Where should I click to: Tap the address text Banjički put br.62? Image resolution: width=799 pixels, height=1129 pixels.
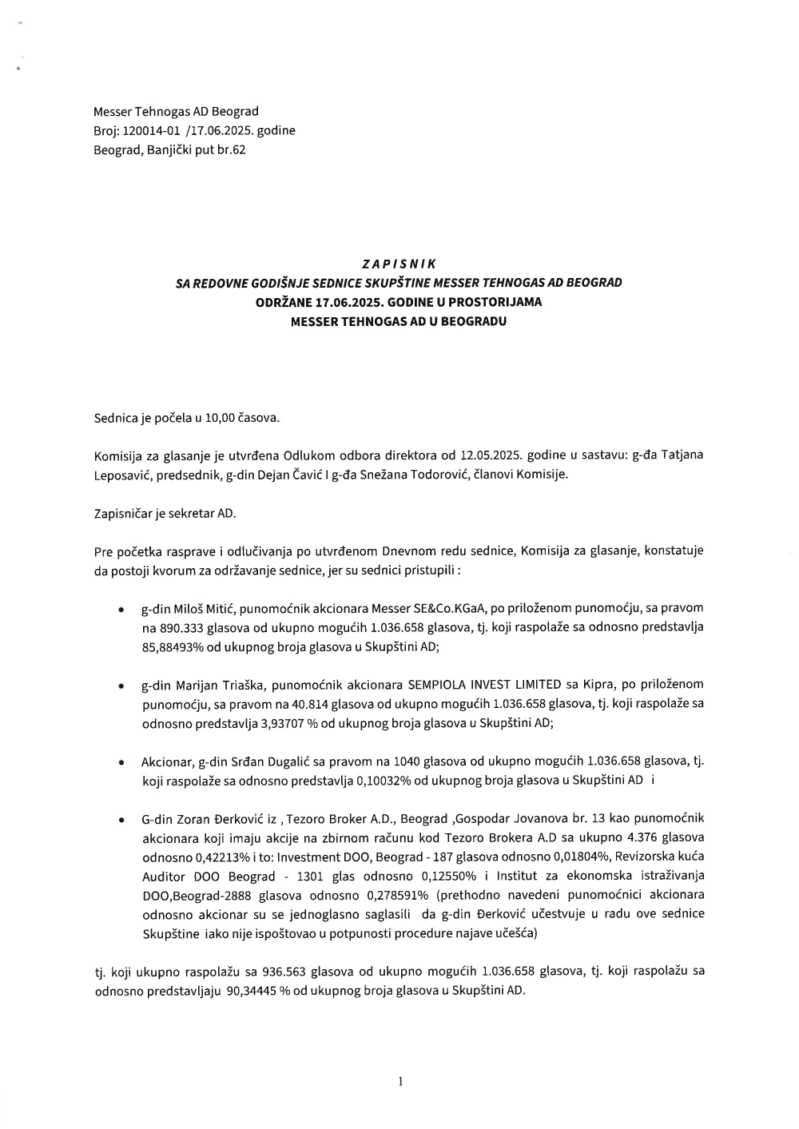coord(198,149)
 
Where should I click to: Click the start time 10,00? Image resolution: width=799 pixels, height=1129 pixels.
coord(219,417)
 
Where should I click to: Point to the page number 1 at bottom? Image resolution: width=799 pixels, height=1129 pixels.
coord(399,1082)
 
